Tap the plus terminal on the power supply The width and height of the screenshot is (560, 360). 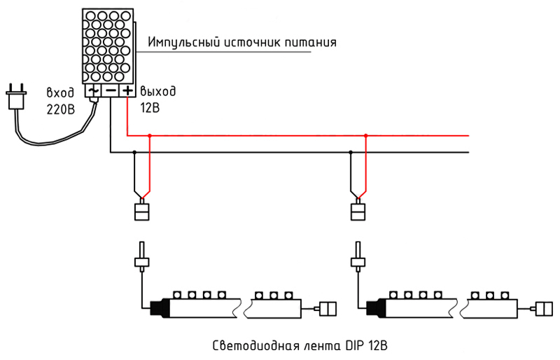tap(127, 90)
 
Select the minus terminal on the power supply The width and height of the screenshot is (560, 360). tap(110, 90)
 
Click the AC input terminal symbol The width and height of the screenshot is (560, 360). tap(93, 90)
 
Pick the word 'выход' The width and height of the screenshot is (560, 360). tap(159, 92)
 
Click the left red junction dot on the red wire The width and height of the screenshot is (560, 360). tap(150, 136)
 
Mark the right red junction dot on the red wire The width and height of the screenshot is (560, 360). tap(365, 136)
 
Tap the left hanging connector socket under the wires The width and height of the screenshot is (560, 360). tap(142, 210)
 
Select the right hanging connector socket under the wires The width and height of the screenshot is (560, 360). tap(357, 210)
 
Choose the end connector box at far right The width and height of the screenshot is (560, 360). tap(543, 307)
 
